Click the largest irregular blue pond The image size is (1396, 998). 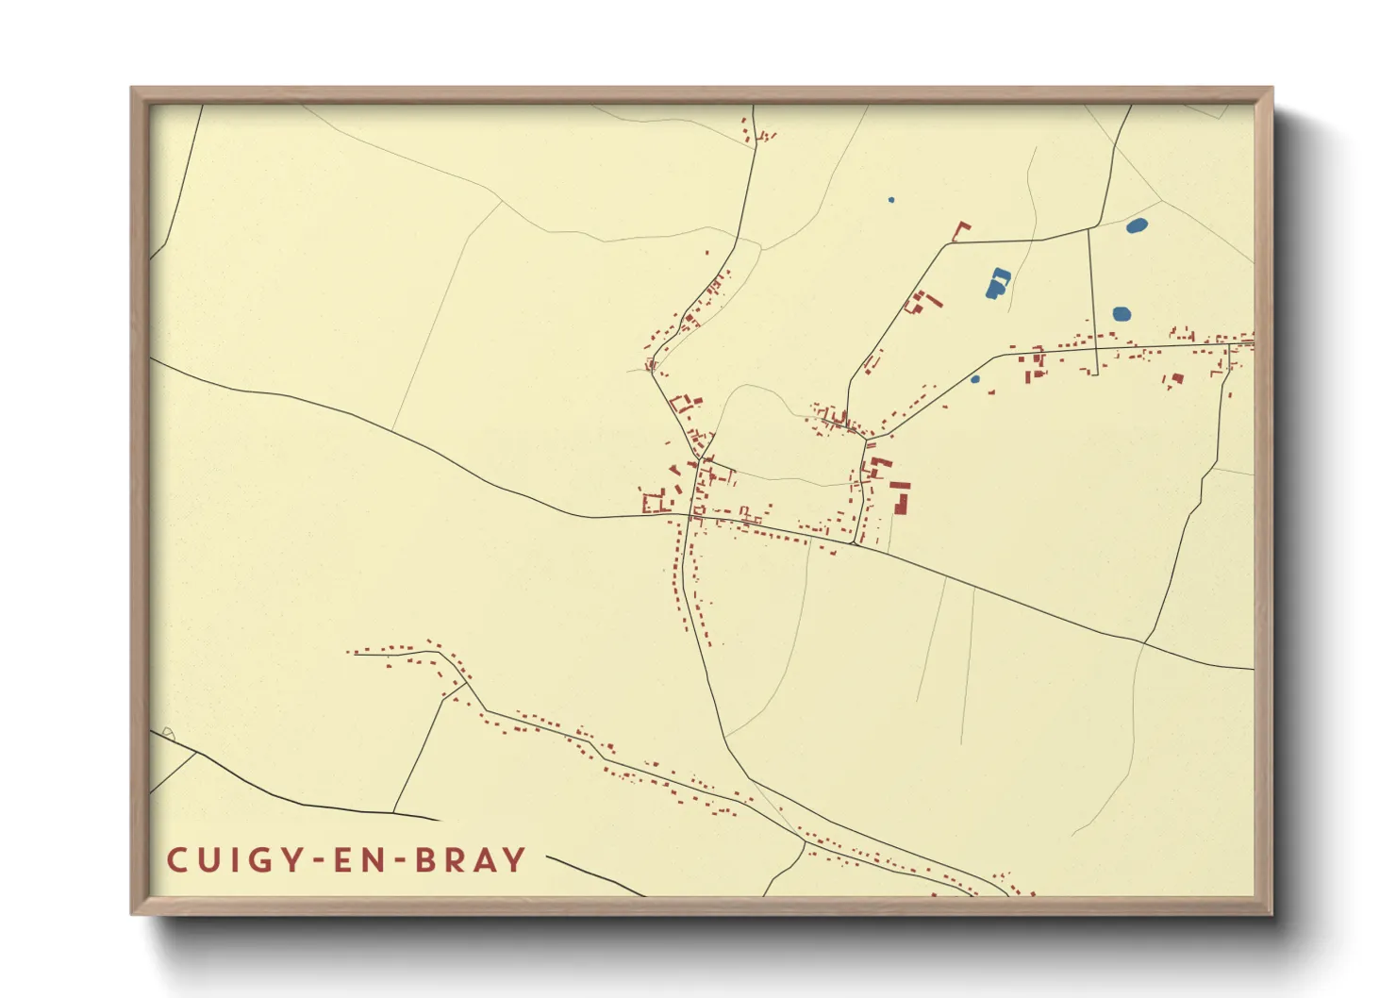coord(997,283)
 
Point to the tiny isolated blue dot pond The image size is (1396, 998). coord(891,200)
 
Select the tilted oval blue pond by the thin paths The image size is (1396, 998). coord(1138,225)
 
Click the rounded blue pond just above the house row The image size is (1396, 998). coord(1122,314)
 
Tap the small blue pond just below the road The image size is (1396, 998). coord(975,379)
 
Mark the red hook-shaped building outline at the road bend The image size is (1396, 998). coord(960,230)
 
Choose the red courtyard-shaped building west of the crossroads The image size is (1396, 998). coord(653,502)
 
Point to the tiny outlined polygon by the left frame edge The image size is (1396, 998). coord(168,734)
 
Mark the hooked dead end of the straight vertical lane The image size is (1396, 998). coord(1095,374)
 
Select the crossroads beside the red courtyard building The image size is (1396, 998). coord(693,515)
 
